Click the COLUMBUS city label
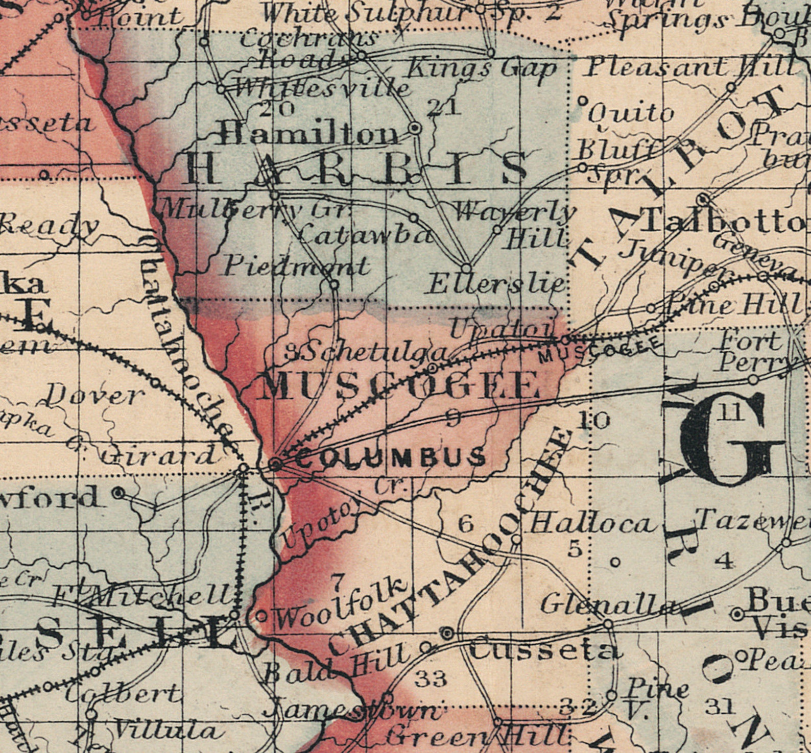391,457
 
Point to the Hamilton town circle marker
416,128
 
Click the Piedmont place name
296,266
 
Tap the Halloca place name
592,524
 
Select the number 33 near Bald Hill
431,678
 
